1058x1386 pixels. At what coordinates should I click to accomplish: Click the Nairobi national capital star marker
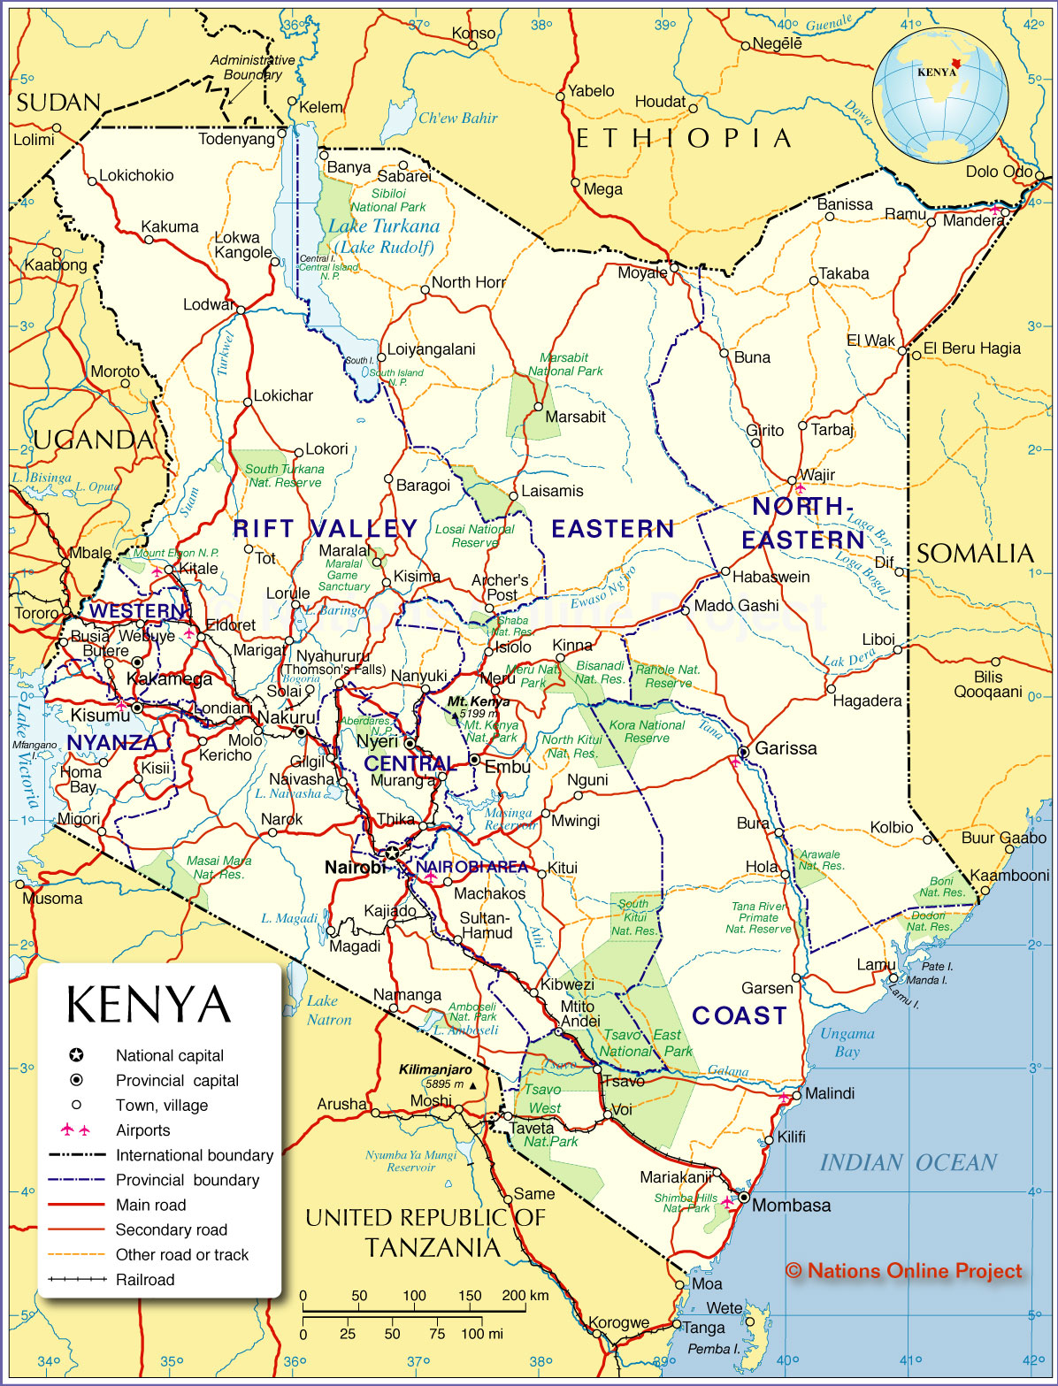[x=391, y=854]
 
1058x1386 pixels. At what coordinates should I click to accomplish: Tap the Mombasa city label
[x=791, y=1206]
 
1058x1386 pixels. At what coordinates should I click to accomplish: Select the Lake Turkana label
[x=383, y=226]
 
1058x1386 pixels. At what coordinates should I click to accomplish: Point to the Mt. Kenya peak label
[x=478, y=701]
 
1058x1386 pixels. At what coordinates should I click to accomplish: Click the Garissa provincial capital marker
[x=744, y=752]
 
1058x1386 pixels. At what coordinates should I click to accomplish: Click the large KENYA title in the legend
[x=149, y=1005]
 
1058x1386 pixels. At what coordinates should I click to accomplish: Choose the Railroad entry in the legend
[x=145, y=1279]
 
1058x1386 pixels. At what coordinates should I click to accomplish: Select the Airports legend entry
[x=142, y=1130]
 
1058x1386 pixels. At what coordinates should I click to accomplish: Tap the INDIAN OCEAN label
[x=908, y=1162]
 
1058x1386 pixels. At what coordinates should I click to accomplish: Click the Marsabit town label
[x=575, y=417]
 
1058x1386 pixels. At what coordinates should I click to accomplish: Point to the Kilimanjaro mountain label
[x=435, y=1069]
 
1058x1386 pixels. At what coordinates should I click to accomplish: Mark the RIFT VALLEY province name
[x=325, y=529]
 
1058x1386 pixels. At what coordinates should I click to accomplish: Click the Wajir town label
[x=816, y=475]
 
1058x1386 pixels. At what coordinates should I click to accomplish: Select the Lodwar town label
[x=209, y=305]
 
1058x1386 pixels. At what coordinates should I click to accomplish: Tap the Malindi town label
[x=829, y=1093]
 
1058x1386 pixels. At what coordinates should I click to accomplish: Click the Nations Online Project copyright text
[x=903, y=1271]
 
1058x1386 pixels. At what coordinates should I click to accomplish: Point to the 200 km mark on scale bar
[x=525, y=1296]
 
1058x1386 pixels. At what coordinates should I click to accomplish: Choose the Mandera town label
[x=973, y=220]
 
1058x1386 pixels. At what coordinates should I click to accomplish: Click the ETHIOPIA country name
[x=683, y=139]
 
